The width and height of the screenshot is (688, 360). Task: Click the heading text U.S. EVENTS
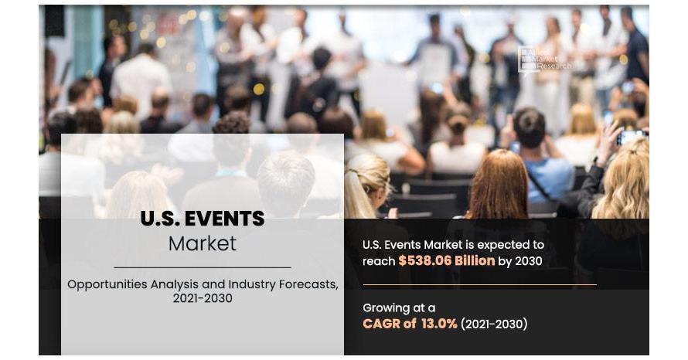point(203,219)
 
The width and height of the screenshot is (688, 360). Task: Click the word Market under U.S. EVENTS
point(203,243)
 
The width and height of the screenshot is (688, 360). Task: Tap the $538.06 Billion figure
point(446,261)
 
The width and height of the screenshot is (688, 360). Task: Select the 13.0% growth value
point(439,324)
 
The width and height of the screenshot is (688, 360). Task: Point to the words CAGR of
point(389,324)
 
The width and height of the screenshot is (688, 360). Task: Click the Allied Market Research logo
point(544,59)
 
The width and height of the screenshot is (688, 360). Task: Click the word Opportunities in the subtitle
point(107,285)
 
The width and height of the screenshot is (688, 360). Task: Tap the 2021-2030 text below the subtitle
point(203,298)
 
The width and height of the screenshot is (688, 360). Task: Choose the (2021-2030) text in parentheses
point(494,324)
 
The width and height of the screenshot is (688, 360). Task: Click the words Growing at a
point(399,308)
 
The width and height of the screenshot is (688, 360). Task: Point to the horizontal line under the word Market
point(203,267)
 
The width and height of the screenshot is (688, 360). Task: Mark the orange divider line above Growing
point(479,284)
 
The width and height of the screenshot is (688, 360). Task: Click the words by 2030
point(520,261)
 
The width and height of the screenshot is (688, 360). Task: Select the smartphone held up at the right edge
point(631,137)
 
